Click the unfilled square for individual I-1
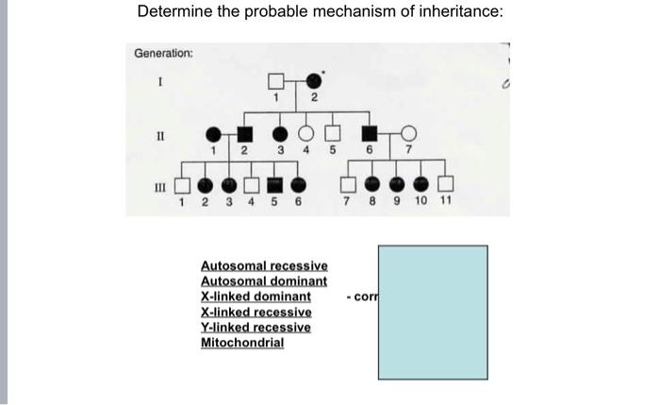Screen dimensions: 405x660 click(277, 79)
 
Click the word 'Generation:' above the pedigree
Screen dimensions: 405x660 click(163, 53)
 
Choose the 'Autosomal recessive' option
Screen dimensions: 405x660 click(264, 266)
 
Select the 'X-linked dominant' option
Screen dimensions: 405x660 click(256, 296)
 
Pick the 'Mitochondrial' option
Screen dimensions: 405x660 click(242, 342)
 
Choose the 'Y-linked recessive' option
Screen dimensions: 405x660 click(256, 327)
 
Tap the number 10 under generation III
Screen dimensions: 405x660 click(420, 202)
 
